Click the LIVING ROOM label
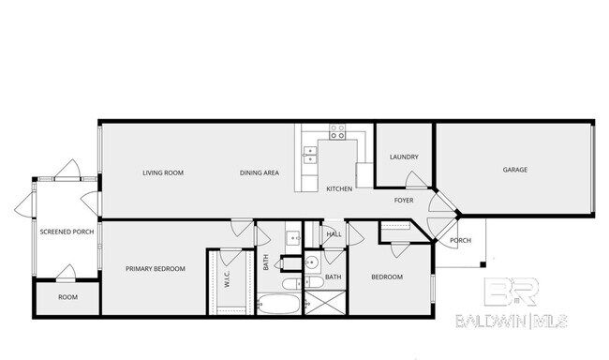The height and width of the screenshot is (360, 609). point(162,172)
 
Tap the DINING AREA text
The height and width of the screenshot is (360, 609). point(260,172)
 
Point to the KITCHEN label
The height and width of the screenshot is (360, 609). point(338,189)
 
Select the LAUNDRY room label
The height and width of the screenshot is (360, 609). point(404,157)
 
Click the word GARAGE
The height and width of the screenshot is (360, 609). point(515,170)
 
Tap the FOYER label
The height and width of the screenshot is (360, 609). point(404,200)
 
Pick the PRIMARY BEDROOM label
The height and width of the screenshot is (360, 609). point(156,269)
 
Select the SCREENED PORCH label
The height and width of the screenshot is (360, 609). point(66,232)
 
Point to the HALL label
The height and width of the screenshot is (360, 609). point(334,234)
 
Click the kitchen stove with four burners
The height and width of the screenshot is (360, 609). point(337,131)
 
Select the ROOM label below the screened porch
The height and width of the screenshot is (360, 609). point(67,297)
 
